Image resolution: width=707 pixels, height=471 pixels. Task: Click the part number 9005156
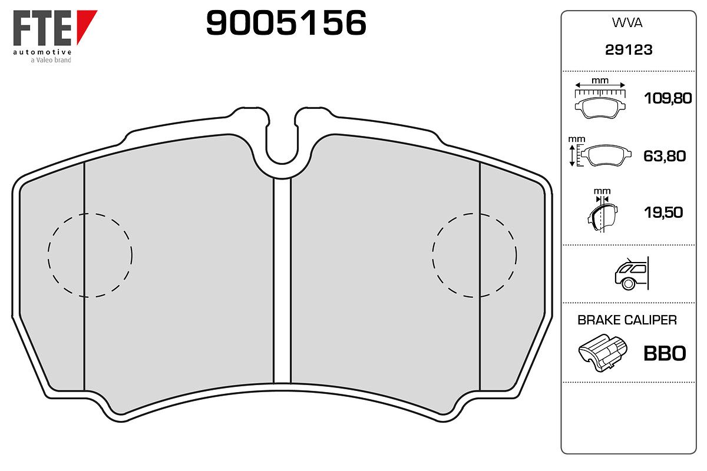[x=286, y=22]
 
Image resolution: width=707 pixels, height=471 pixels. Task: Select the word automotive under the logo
[x=42, y=52]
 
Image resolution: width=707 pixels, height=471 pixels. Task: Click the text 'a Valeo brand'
[x=51, y=60]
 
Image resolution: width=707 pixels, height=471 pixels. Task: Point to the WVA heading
[x=627, y=23]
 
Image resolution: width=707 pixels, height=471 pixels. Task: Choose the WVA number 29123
[x=629, y=50]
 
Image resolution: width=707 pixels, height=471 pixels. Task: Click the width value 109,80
[x=668, y=98]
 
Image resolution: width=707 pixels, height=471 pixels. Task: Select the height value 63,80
[x=665, y=156]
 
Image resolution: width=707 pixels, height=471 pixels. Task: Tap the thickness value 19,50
[x=663, y=213]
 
